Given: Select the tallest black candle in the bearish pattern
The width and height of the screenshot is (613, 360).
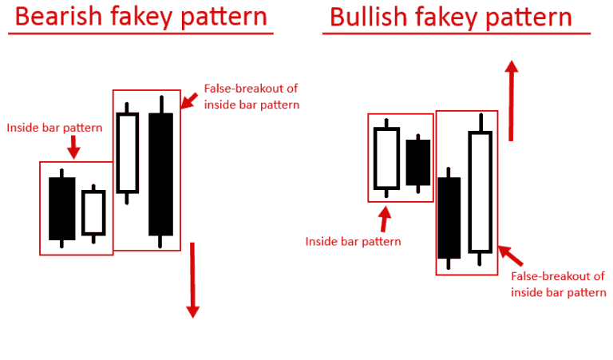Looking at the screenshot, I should pyautogui.click(x=160, y=174).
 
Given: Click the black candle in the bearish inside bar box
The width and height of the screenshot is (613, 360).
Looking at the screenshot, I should pyautogui.click(x=61, y=208).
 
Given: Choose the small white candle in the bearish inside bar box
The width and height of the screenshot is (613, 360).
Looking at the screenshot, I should pyautogui.click(x=93, y=212).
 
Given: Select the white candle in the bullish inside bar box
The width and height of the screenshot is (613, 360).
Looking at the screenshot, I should pyautogui.click(x=386, y=158).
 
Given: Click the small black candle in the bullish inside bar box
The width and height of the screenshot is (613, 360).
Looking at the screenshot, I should pyautogui.click(x=417, y=163).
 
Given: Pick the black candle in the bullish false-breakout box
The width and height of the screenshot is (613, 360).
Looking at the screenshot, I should pyautogui.click(x=449, y=217).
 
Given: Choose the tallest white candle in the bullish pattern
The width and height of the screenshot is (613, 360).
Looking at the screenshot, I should pyautogui.click(x=480, y=192).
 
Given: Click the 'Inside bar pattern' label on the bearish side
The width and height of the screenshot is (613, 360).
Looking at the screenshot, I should pyautogui.click(x=45, y=127).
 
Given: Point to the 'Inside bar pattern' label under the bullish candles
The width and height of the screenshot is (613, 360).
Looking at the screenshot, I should pyautogui.click(x=354, y=240).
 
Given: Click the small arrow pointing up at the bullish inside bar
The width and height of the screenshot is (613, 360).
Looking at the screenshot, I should pyautogui.click(x=386, y=218).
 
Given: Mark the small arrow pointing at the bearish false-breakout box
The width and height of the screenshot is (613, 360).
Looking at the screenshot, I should pyautogui.click(x=190, y=100).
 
